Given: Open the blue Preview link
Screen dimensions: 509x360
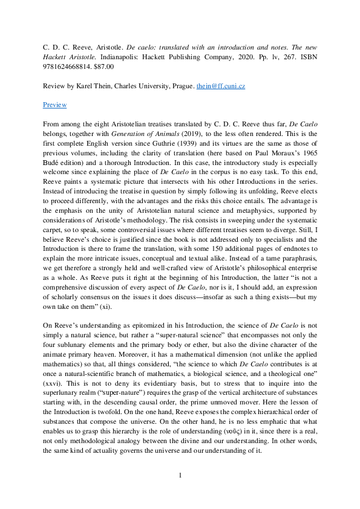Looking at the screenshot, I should (54, 105).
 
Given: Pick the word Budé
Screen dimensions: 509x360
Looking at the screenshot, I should (51, 163).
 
